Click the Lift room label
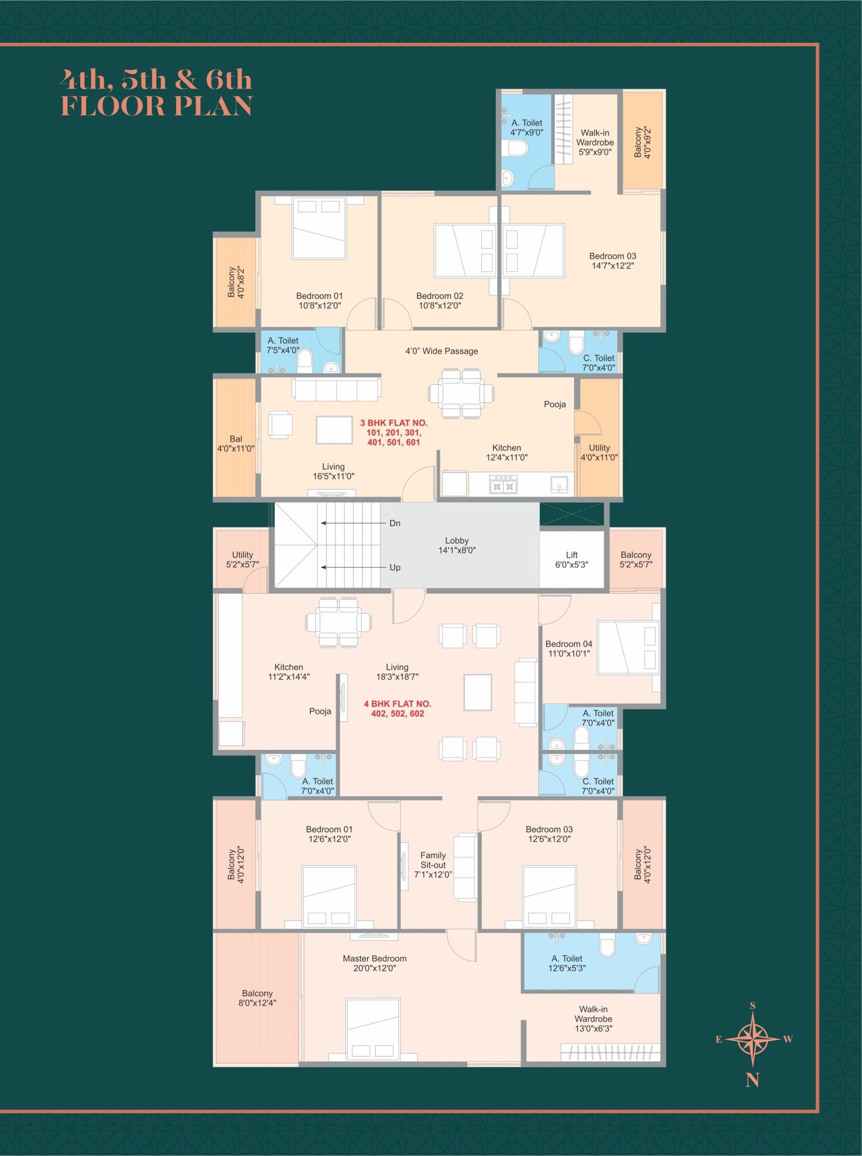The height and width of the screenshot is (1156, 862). [x=572, y=559]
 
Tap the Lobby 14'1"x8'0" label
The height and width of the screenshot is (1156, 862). [x=457, y=545]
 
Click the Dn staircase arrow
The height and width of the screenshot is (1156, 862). [x=354, y=523]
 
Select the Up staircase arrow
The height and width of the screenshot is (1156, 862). [x=354, y=567]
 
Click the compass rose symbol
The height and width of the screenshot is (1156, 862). [x=753, y=1039]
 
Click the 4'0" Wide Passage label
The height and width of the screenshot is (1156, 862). [x=442, y=351]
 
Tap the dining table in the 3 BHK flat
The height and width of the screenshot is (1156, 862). [x=461, y=393]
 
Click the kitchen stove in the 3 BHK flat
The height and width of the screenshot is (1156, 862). [x=503, y=484]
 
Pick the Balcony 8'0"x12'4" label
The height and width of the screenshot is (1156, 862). [x=257, y=998]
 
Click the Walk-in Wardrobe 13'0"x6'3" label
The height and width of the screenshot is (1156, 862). [x=593, y=1019]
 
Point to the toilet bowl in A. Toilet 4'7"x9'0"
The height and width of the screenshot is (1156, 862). [x=518, y=148]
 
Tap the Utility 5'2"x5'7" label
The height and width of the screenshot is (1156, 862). [x=242, y=559]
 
